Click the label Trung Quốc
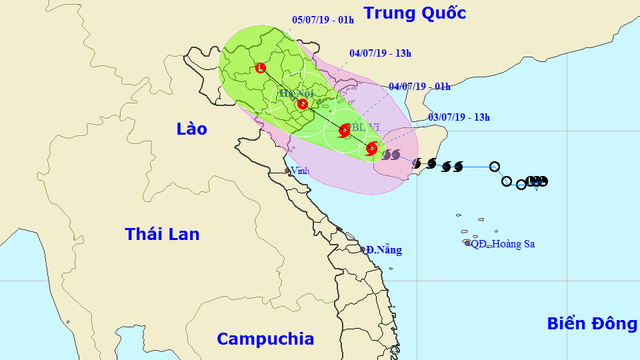(x=414, y=13)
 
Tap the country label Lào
(x=192, y=129)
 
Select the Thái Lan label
(x=162, y=234)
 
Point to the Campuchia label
(x=265, y=339)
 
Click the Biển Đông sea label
(x=592, y=323)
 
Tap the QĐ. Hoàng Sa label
(x=503, y=244)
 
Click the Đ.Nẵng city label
(x=385, y=250)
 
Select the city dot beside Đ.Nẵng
(x=363, y=249)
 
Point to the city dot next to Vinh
(x=287, y=171)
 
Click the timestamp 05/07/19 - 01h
(x=323, y=19)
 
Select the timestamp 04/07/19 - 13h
(x=380, y=53)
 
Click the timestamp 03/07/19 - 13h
(x=459, y=117)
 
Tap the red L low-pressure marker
(x=261, y=68)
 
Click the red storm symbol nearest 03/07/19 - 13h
(x=371, y=148)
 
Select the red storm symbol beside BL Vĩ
(x=344, y=131)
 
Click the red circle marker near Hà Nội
(x=302, y=104)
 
